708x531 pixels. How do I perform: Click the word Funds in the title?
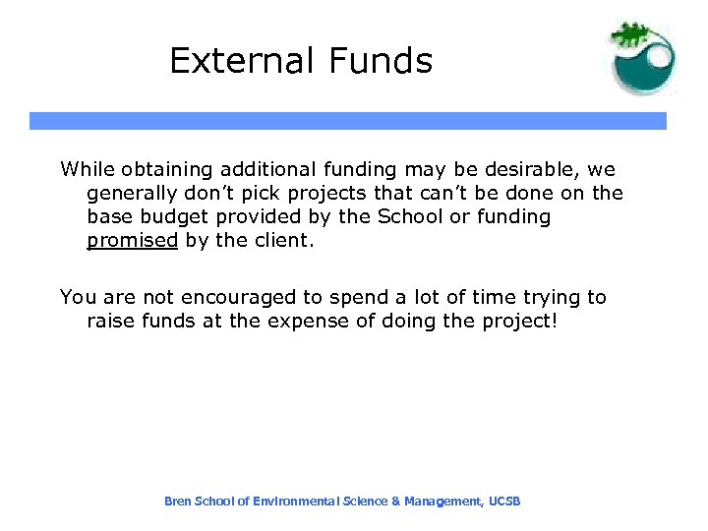375,61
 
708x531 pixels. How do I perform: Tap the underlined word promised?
132,241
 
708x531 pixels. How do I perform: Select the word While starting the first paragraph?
87,169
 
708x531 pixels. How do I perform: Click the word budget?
177,216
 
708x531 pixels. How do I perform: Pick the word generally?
134,193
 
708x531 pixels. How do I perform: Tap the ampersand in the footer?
395,501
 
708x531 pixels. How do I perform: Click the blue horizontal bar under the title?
347,121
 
